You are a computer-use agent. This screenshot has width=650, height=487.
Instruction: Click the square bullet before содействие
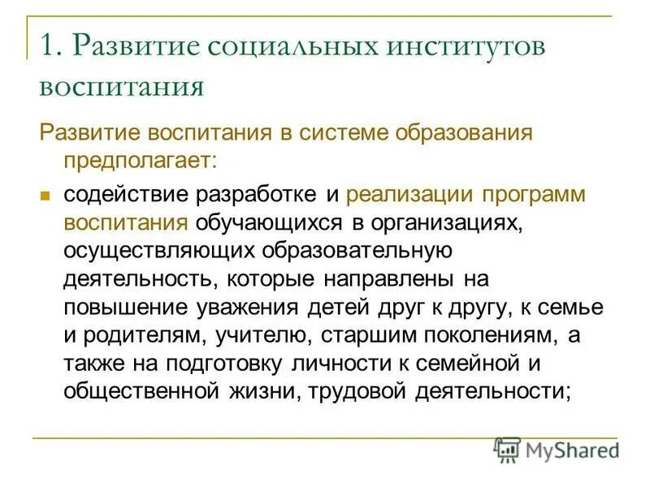pyautogui.click(x=46, y=196)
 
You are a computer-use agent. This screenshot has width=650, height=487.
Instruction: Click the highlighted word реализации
pyautogui.click(x=410, y=196)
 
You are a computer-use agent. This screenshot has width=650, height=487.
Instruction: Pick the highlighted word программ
pyautogui.click(x=534, y=196)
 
